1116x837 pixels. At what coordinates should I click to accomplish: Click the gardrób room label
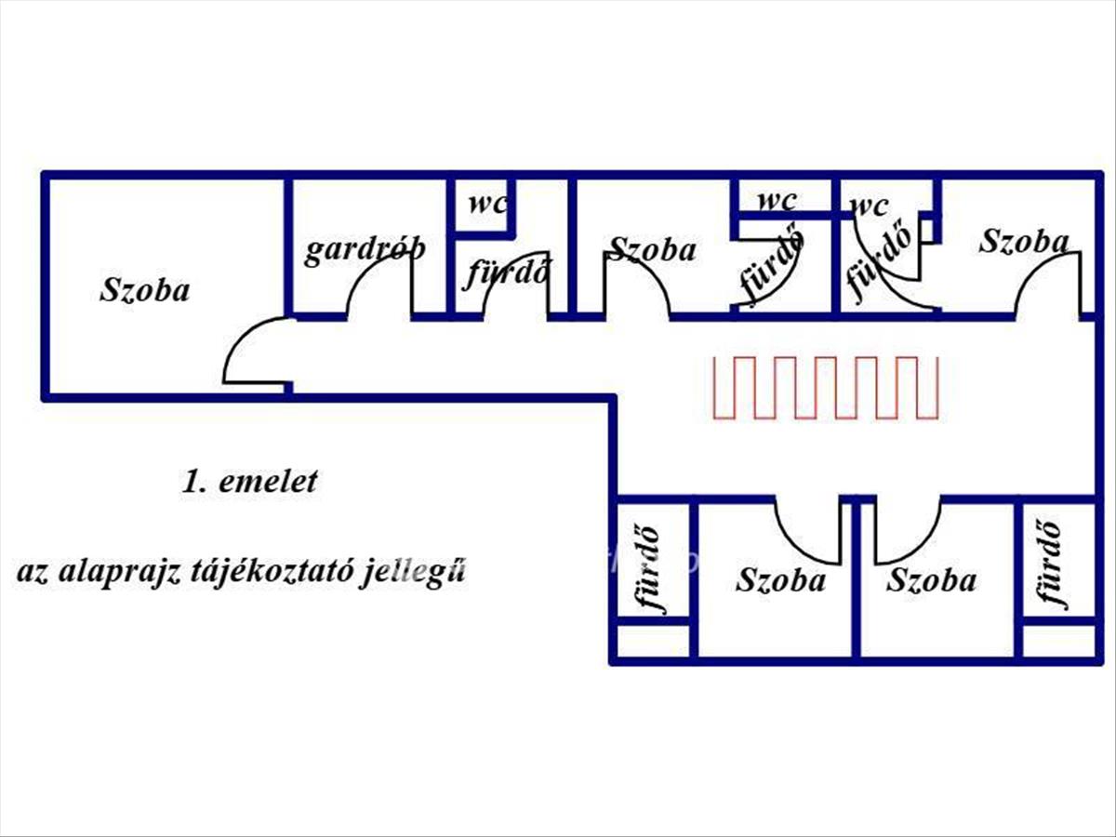pyautogui.click(x=365, y=249)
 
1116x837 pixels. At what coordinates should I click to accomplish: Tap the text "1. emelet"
pyautogui.click(x=249, y=482)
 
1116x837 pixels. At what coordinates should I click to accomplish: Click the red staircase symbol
pyautogui.click(x=826, y=386)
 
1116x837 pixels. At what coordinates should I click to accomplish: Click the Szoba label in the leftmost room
pyautogui.click(x=144, y=289)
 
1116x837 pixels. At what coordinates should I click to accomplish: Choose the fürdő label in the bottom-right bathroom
pyautogui.click(x=1052, y=563)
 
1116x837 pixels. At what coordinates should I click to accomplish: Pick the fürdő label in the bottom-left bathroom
pyautogui.click(x=650, y=569)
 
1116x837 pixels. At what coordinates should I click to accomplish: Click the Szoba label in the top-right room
pyautogui.click(x=1023, y=242)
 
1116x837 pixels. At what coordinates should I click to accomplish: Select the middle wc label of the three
pyautogui.click(x=777, y=200)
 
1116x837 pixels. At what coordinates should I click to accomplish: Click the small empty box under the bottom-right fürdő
pyautogui.click(x=1059, y=641)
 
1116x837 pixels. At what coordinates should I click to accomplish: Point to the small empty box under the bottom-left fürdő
pyautogui.click(x=654, y=641)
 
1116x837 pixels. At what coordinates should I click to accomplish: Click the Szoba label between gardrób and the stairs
pyautogui.click(x=652, y=249)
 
